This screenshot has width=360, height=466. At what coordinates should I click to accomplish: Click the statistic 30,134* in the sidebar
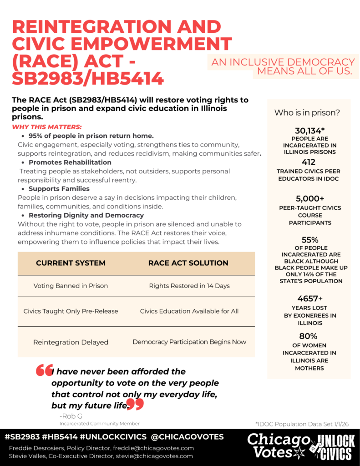[309, 131]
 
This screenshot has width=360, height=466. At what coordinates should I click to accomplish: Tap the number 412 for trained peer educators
[309, 162]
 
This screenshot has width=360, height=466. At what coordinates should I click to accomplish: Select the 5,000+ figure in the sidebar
[309, 198]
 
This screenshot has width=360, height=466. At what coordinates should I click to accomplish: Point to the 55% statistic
[309, 240]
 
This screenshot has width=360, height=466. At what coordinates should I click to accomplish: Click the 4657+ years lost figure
[309, 299]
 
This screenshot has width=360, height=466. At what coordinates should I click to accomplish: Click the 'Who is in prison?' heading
[307, 112]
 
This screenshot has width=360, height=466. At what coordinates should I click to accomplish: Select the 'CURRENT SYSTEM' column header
[71, 263]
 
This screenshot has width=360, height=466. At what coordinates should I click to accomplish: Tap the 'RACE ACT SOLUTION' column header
[188, 263]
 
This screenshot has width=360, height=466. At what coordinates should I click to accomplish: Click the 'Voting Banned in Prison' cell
[71, 286]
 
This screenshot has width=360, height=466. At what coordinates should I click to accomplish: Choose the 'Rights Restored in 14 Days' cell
[189, 286]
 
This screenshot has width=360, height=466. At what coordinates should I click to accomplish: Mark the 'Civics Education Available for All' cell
[189, 311]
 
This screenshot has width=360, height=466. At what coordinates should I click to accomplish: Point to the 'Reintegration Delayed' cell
[71, 342]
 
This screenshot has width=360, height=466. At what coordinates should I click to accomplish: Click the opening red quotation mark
[44, 371]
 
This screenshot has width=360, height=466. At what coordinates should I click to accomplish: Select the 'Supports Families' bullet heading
[59, 188]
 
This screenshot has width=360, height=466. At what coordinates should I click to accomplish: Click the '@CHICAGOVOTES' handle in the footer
[187, 437]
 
